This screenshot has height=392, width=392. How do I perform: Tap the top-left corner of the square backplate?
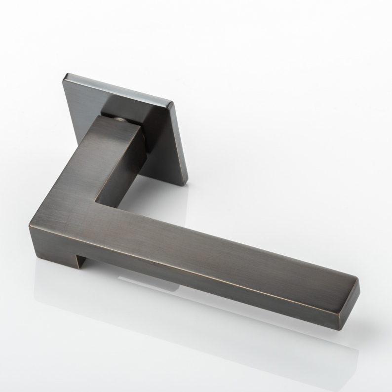pyautogui.click(x=66, y=74)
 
